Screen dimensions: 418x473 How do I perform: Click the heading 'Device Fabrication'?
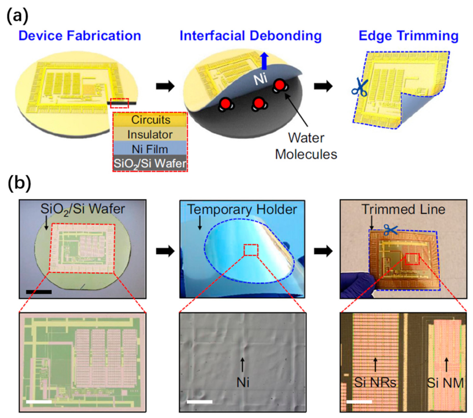pos(80,36)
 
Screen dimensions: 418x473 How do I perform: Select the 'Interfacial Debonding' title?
pos(250,36)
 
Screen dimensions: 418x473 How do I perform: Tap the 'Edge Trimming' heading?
pos(408,36)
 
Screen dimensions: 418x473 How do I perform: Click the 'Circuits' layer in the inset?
pos(150,120)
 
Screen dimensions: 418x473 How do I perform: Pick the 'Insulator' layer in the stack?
pos(150,135)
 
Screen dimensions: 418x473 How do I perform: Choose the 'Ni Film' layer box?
pos(150,149)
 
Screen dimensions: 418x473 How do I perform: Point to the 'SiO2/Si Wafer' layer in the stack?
pos(150,163)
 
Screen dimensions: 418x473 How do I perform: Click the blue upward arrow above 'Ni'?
pos(264,61)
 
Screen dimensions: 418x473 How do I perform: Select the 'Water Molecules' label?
pos(306,146)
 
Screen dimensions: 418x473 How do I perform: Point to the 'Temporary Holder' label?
pos(242,209)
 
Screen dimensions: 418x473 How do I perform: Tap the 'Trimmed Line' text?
pos(403,209)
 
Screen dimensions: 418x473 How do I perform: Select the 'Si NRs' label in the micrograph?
pos(375,383)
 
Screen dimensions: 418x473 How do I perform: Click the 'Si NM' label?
pos(445,383)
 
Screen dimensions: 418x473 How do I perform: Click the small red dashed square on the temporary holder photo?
pos(251,250)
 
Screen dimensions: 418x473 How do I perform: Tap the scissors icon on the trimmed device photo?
pos(391,230)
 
